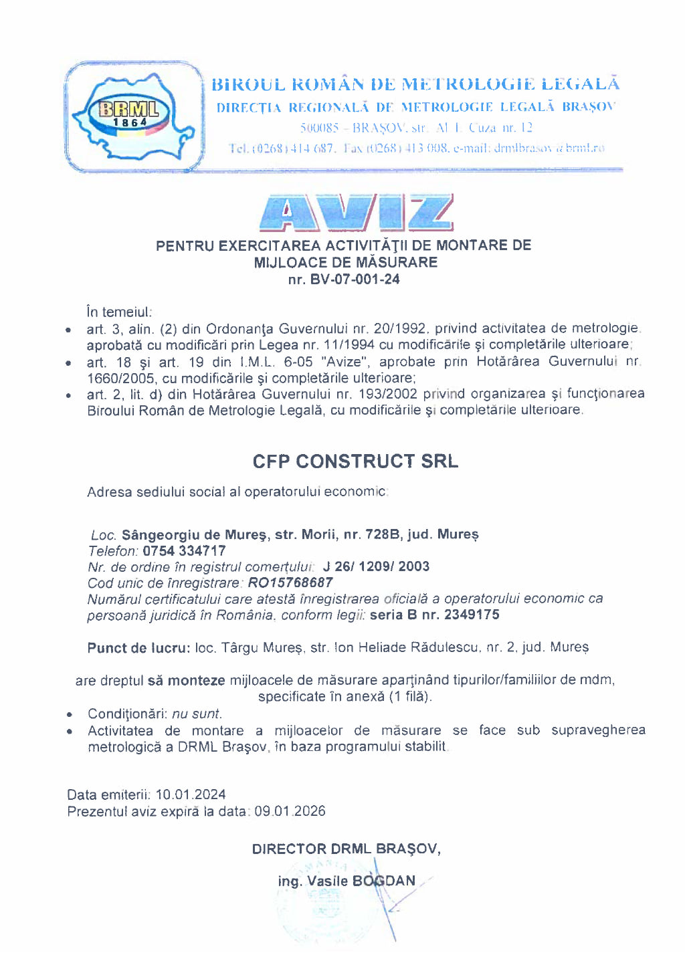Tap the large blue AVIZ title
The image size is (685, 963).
(356, 213)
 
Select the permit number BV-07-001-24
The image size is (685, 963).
(355, 280)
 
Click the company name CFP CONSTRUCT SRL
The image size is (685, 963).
(355, 461)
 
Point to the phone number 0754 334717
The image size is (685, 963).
(184, 551)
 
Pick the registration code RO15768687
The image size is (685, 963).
(290, 582)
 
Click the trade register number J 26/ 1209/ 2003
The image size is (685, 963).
(376, 566)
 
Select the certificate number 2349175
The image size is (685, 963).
(472, 615)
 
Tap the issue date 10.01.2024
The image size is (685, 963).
(191, 794)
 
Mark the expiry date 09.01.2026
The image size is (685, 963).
(290, 811)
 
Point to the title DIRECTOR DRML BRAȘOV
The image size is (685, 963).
(346, 849)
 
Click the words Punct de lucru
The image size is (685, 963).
(138, 647)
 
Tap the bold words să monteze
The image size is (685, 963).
(186, 680)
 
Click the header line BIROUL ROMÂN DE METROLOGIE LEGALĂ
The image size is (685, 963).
(415, 84)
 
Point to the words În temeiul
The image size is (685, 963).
(119, 312)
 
